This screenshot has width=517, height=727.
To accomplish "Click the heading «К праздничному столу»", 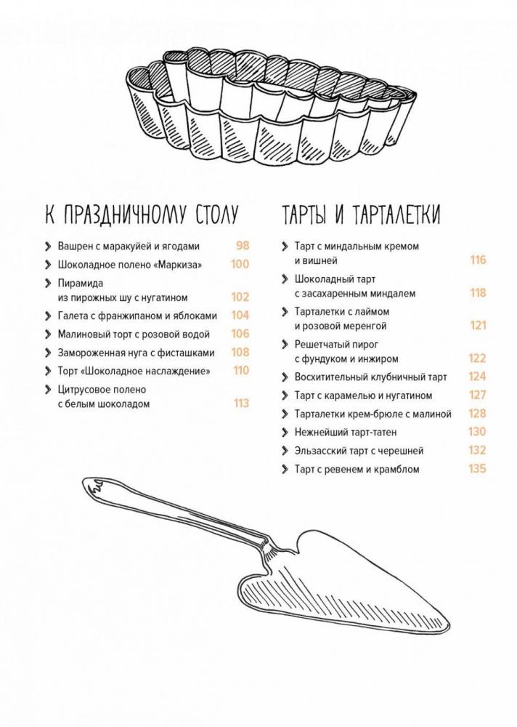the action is point(142,214).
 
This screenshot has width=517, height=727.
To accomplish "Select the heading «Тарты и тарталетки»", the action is point(362,214).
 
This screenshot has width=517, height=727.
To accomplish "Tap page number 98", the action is point(243,245).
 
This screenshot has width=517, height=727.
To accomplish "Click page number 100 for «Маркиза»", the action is point(240,264).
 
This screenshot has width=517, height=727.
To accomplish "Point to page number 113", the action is point(241,403).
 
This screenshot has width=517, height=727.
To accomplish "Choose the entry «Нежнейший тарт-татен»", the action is point(346,432).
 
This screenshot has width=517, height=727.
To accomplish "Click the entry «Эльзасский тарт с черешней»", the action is point(359,451).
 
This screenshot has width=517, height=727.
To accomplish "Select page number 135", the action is point(477,468).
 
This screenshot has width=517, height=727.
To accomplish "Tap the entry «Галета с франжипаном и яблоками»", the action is point(137,316).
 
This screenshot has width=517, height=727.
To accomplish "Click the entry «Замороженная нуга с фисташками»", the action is point(137,353).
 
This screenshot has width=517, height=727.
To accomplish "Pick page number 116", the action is point(478,260).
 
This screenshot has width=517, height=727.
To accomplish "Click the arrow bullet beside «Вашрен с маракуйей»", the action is point(48,246).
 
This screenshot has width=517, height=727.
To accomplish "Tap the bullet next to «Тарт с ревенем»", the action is point(285,469).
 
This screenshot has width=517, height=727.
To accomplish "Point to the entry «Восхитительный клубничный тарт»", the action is point(370,377).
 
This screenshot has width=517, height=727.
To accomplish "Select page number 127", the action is point(478,395).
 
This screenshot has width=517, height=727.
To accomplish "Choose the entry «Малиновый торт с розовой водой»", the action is point(134,334).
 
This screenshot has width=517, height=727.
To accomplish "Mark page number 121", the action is point(478,325).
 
